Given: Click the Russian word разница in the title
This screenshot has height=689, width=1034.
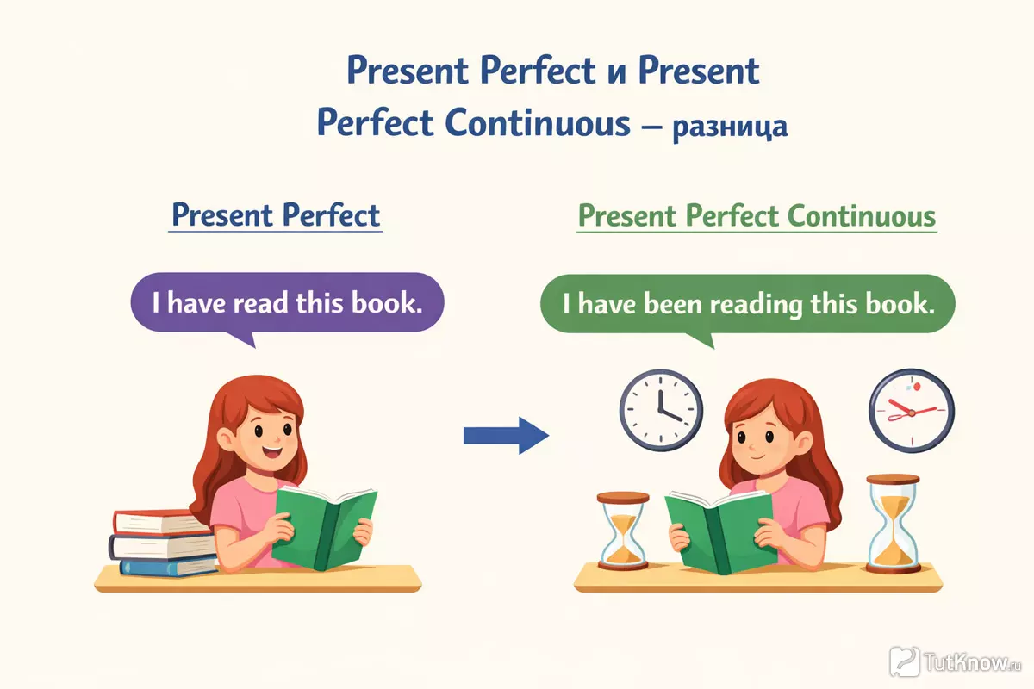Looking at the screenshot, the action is coord(730,127).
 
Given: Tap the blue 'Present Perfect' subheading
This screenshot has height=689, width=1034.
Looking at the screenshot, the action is coord(276,215).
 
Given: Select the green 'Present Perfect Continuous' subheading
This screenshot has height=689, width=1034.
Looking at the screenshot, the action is coord(757,216).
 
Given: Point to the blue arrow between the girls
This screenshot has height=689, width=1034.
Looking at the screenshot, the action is coord(507,436).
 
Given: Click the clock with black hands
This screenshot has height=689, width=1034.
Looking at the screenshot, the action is coord(661,410).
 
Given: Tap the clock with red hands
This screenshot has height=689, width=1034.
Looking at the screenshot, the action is coord(912,410).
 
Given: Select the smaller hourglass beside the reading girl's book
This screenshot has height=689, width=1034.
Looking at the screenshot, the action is coord(623,531).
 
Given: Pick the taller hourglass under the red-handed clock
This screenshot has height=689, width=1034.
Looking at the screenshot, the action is coord(893,525).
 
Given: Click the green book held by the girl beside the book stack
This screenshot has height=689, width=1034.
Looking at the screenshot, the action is coord(325,527).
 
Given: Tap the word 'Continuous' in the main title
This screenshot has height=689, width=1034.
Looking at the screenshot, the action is coord(538,124).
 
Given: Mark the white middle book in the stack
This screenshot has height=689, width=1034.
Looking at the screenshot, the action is coord(162,546).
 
